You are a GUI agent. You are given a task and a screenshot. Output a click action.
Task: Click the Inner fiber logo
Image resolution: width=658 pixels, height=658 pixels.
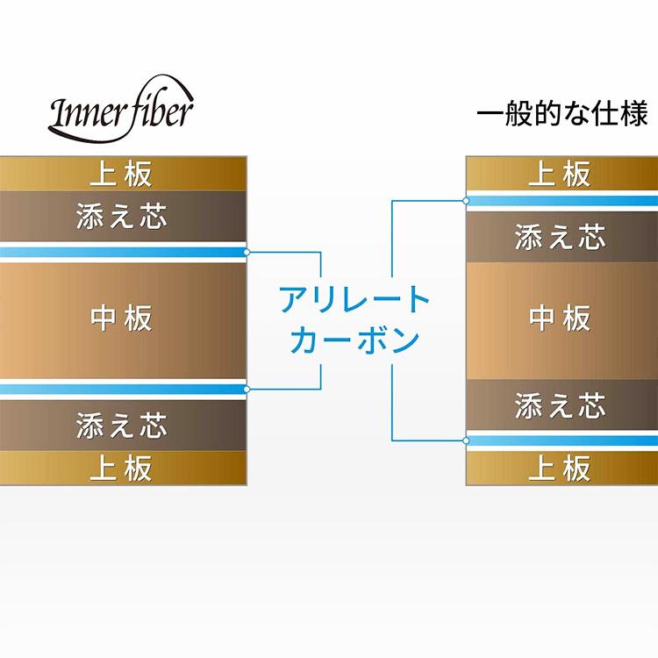(x=121, y=112)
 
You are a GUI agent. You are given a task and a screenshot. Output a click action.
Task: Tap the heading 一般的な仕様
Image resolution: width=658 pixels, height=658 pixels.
(x=561, y=115)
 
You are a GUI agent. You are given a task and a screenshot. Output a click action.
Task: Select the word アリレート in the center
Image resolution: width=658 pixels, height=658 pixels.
(x=354, y=301)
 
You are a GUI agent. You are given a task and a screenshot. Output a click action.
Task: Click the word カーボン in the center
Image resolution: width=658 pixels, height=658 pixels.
(x=354, y=340)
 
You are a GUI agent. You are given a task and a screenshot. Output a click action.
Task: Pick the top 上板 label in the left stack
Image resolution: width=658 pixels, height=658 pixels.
(x=121, y=173)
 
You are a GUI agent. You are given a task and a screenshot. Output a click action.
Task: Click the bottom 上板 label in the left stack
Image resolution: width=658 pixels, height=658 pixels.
(x=121, y=468)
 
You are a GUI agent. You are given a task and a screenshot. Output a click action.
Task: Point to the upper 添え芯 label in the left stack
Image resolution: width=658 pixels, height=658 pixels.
(x=121, y=216)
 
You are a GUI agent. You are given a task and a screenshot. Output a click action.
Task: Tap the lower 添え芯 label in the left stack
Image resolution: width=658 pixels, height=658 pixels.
(x=121, y=426)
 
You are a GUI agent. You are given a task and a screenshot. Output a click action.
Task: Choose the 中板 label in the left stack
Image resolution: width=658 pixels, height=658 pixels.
(x=121, y=318)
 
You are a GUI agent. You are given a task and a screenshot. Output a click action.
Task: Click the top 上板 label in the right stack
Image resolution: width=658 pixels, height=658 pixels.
(x=560, y=174)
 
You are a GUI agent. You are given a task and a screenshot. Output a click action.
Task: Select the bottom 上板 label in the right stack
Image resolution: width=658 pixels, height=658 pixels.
(x=560, y=468)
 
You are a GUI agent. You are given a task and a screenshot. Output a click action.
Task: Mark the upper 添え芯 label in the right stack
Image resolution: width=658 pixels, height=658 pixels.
(x=560, y=237)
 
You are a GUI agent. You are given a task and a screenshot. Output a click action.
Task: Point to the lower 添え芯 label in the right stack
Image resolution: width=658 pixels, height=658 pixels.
(x=560, y=405)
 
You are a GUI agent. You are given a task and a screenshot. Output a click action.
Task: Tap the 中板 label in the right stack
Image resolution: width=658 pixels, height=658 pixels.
(x=560, y=318)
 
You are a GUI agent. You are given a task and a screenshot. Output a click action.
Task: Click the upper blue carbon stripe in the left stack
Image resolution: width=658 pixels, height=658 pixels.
(x=123, y=253)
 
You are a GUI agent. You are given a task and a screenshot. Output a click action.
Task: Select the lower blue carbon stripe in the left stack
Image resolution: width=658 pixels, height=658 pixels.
(x=123, y=389)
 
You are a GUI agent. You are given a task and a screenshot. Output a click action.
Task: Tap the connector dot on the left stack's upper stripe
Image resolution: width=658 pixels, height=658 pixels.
(x=247, y=253)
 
